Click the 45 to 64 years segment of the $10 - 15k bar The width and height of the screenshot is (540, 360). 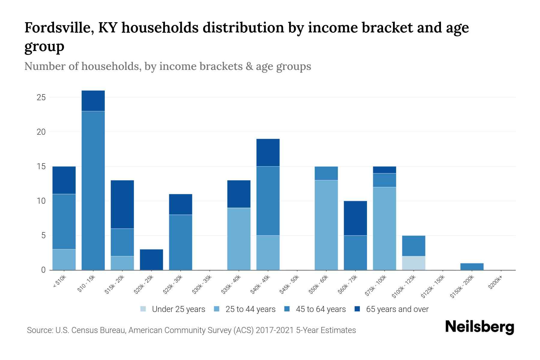click(x=93, y=190)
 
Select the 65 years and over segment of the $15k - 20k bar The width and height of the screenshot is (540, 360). click(x=122, y=204)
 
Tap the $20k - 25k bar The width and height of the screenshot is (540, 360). click(x=151, y=259)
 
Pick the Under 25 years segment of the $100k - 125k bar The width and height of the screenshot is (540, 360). click(x=414, y=263)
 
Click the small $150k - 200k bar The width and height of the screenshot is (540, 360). click(x=472, y=267)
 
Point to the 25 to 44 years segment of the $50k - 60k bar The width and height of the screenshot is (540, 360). click(x=326, y=225)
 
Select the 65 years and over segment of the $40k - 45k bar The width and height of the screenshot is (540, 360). click(x=268, y=152)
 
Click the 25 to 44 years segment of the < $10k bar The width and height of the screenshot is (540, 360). click(x=64, y=259)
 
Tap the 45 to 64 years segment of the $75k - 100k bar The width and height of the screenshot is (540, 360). click(x=384, y=180)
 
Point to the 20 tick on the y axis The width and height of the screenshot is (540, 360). click(x=41, y=132)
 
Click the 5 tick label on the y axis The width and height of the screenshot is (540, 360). click(x=43, y=235)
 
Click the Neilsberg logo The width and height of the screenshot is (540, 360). click(x=479, y=327)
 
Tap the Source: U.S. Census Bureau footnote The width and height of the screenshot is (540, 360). click(x=191, y=330)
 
